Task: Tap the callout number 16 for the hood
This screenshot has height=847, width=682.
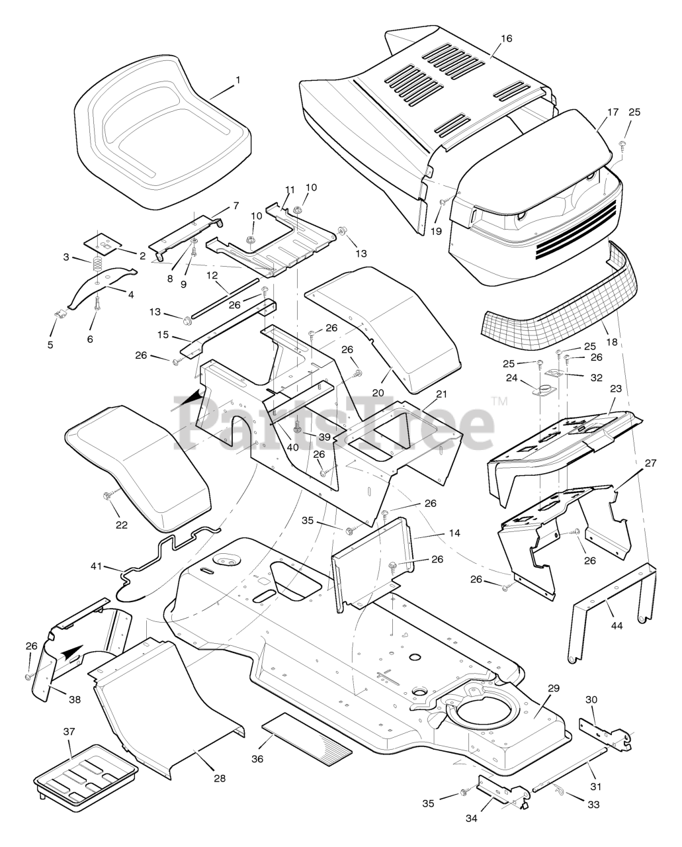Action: tap(506, 38)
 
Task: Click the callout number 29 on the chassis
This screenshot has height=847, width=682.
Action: tap(553, 688)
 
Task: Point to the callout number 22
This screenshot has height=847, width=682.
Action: tap(121, 525)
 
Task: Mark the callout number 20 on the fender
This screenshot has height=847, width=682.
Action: tap(378, 392)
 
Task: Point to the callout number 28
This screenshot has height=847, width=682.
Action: tap(219, 778)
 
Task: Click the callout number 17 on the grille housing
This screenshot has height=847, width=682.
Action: tap(613, 112)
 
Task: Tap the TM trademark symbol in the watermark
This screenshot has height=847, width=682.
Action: tap(500, 401)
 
